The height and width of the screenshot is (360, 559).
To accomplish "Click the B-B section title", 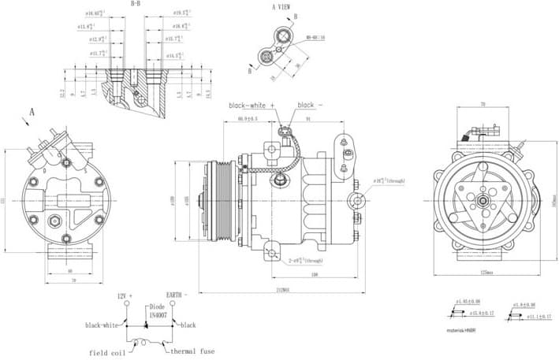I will click(136, 4).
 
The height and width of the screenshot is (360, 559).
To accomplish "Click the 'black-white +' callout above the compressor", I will click(252, 105).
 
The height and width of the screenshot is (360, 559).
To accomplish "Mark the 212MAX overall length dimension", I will click(278, 289).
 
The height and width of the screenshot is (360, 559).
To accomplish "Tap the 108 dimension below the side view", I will click(314, 274).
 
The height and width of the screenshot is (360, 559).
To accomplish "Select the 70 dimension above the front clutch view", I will click(482, 103).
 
